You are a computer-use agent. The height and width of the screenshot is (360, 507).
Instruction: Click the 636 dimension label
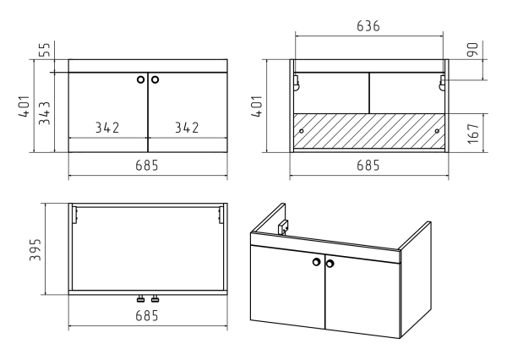(x=368, y=26)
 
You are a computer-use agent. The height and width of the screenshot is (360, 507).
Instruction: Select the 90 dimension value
(x=472, y=50)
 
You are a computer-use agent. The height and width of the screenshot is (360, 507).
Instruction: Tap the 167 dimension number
(x=472, y=134)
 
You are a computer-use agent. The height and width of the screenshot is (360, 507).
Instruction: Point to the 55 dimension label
(x=45, y=50)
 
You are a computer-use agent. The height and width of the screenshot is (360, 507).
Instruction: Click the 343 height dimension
(x=45, y=113)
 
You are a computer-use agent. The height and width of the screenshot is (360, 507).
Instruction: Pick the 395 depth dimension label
(x=35, y=249)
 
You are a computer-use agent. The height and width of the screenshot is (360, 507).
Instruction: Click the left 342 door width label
(x=107, y=128)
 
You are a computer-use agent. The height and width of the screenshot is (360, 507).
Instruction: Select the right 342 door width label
(x=187, y=128)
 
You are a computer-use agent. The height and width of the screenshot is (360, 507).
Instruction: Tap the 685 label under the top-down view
(x=147, y=316)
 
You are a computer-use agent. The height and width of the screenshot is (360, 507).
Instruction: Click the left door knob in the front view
(x=140, y=79)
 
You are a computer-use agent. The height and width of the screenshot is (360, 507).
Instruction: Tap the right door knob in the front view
(x=155, y=79)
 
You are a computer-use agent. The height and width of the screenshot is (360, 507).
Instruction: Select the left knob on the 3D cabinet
(x=317, y=262)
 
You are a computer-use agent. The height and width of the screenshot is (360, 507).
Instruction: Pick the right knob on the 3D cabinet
(x=330, y=264)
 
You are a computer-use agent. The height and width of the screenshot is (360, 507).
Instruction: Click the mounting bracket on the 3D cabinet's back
(x=283, y=226)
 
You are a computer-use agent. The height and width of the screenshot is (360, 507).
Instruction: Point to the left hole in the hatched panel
(x=302, y=131)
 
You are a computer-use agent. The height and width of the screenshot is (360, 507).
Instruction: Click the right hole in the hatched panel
(x=437, y=131)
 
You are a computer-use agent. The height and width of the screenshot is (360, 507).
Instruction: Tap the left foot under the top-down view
(x=140, y=299)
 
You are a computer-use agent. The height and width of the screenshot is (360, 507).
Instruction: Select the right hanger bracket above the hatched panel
(x=442, y=83)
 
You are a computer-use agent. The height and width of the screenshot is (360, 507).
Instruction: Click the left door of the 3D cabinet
(x=288, y=286)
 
